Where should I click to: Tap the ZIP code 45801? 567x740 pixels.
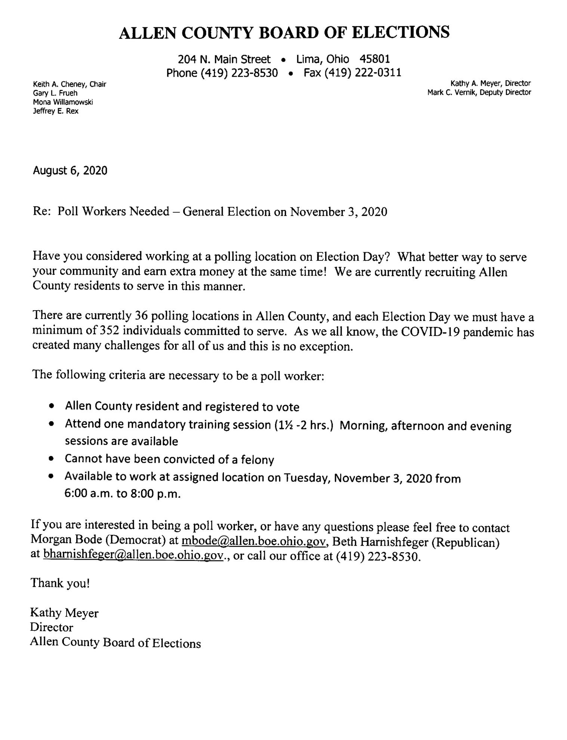pos(375,59)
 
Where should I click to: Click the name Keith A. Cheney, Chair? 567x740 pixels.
pos(70,84)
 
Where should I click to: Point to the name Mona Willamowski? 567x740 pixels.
pos(63,102)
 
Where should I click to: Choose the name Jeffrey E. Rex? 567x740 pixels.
pos(56,111)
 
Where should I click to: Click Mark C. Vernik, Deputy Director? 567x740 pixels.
pos(479,92)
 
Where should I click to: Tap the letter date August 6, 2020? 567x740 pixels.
pos(70,171)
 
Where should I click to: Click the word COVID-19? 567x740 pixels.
pos(430,332)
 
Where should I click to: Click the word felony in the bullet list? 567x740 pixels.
pos(258,460)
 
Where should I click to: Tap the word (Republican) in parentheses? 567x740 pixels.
pos(465,542)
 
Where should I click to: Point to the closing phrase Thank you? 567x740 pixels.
pos(60,583)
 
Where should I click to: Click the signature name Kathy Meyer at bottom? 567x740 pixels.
pos(64,613)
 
